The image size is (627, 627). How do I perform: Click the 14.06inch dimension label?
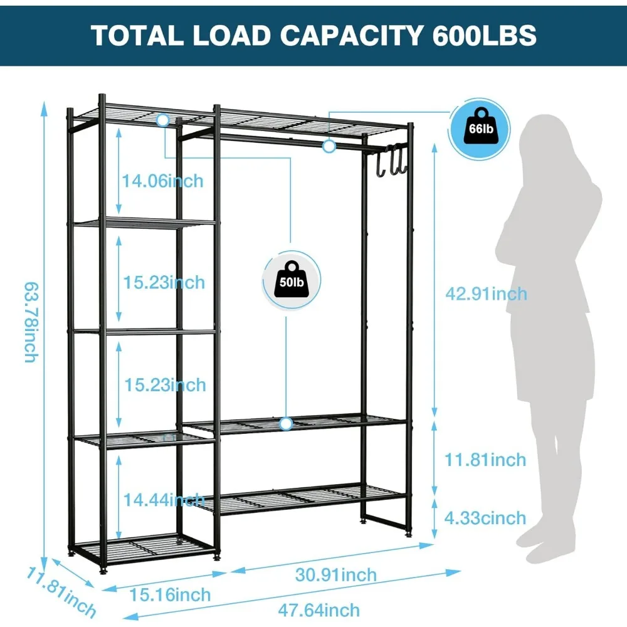pos(162,181)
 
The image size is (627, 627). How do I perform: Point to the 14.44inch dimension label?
pos(163,500)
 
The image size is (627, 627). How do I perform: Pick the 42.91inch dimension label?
pos(485,293)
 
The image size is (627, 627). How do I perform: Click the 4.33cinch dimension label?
pos(485,518)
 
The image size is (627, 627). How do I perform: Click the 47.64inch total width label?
pos(321,609)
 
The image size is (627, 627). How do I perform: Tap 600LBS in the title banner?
pos(484,35)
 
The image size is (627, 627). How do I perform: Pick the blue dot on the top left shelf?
pos(163,119)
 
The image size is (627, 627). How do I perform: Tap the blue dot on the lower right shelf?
pos(287,424)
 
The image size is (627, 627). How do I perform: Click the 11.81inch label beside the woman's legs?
pos(485,460)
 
